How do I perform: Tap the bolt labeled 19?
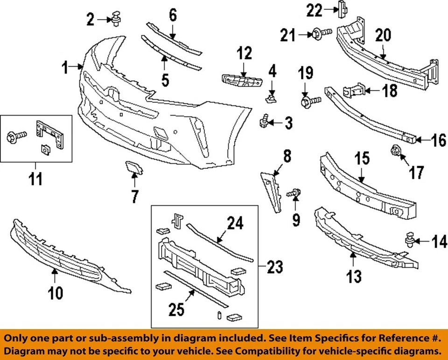point(308,100)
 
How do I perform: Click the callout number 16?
point(438,139)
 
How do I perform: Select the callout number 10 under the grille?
point(55,292)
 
